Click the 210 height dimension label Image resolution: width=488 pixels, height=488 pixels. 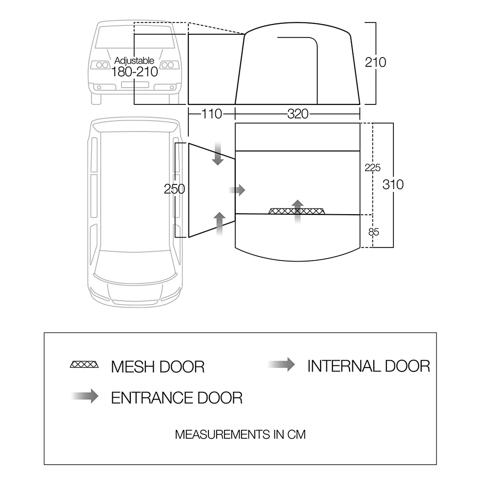click(x=375, y=62)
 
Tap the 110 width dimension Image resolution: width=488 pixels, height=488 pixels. click(x=211, y=114)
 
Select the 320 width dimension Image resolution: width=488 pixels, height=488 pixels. click(x=298, y=114)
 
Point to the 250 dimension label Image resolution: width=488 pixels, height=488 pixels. click(x=175, y=189)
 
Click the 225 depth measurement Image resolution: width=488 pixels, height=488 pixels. click(x=372, y=167)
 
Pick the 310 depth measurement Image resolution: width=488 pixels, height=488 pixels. click(x=393, y=185)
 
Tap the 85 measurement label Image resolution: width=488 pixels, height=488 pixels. click(x=374, y=232)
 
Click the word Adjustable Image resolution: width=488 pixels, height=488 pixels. click(x=134, y=61)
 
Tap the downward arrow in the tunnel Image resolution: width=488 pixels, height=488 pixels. click(x=218, y=154)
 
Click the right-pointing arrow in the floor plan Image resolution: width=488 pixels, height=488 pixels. click(x=237, y=190)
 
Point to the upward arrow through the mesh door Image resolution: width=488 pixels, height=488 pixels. click(x=297, y=211)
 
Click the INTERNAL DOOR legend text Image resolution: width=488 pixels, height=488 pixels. click(x=368, y=366)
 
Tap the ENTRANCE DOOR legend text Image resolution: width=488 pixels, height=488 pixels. click(x=177, y=398)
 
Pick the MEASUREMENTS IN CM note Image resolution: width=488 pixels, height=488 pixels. click(x=240, y=434)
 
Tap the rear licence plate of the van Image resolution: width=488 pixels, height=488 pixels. click(x=134, y=85)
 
